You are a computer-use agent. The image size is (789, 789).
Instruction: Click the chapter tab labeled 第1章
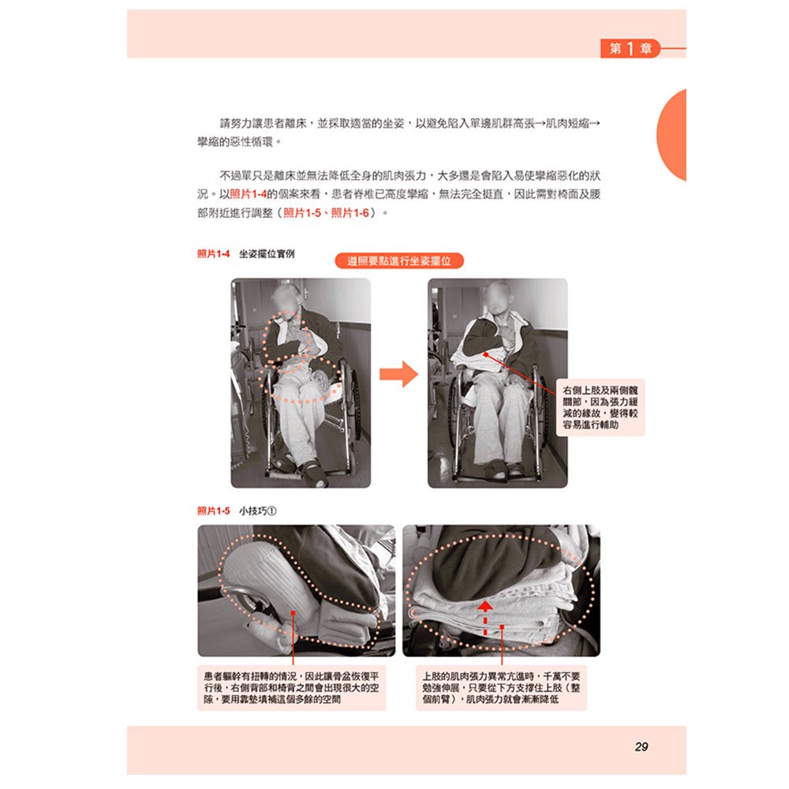630,48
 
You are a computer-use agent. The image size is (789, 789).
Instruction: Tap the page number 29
641,746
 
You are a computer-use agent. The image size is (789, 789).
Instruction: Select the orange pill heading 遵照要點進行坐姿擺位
398,261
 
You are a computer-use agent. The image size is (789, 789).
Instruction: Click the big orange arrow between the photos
398,374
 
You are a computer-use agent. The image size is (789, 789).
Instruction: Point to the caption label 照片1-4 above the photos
213,254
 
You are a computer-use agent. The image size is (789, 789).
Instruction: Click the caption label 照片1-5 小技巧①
236,510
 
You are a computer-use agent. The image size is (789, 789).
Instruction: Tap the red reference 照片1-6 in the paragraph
350,213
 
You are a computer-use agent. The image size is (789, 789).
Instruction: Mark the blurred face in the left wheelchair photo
285,298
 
